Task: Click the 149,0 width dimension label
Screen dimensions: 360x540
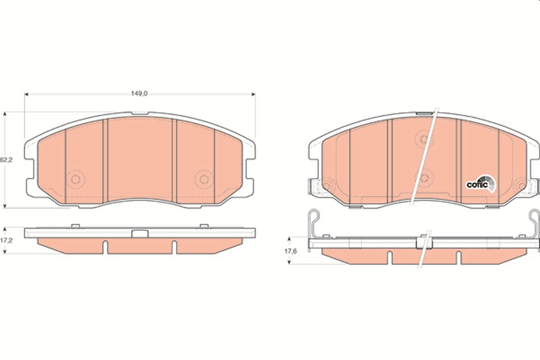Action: coord(139,94)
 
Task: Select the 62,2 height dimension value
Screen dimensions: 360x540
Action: coord(5,159)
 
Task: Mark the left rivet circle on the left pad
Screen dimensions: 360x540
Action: coord(76,179)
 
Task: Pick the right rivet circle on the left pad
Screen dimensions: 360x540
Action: coord(204,179)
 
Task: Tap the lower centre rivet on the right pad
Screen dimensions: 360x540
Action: coord(424,178)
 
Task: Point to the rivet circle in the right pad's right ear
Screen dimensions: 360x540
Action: coord(522,185)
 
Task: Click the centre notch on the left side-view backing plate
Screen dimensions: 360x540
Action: coord(140,233)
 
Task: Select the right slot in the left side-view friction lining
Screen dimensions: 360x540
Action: coord(174,247)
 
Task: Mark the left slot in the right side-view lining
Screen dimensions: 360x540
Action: coord(390,257)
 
